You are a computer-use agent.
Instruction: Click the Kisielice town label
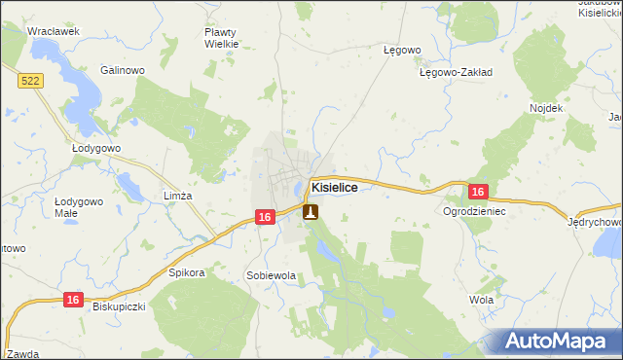[341, 187]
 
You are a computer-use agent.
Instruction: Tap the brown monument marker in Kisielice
[311, 210]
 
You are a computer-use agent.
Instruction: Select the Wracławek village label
[53, 31]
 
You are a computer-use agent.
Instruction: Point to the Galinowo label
[123, 70]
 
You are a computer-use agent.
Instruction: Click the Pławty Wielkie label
[221, 37]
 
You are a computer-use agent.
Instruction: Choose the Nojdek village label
[546, 107]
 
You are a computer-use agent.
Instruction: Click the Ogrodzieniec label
[475, 210]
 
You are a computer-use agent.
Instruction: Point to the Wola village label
[481, 300]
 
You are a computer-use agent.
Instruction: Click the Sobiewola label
[271, 276]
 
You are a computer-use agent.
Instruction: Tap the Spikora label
[187, 272]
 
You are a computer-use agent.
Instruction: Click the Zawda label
[21, 353]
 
